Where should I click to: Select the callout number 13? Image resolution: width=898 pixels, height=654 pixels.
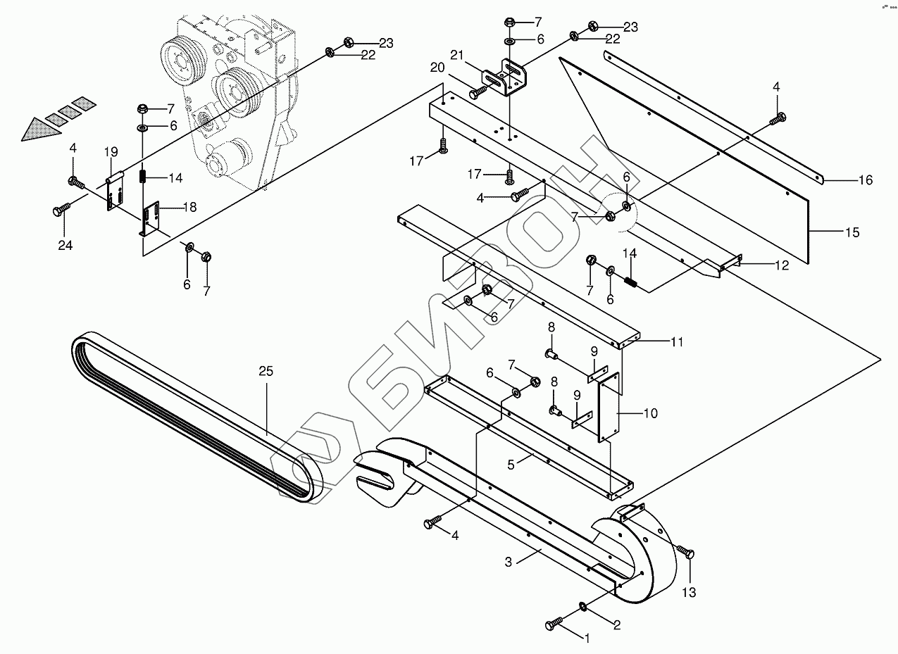(688, 593)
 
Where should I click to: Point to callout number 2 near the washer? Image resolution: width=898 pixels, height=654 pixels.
(616, 623)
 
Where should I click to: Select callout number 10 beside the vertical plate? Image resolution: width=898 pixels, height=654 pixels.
(650, 413)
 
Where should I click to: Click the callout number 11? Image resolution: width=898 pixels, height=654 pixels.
(677, 343)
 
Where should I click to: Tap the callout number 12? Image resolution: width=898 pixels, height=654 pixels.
(781, 265)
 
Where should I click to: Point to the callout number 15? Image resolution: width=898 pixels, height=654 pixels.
(852, 232)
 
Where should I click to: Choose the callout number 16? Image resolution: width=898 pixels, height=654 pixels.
(865, 181)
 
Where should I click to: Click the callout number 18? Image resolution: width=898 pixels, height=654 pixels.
(189, 207)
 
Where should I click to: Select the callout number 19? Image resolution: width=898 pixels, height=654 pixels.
(111, 151)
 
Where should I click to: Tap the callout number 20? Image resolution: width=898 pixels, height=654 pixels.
(437, 67)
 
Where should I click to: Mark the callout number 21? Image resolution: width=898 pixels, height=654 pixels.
(457, 55)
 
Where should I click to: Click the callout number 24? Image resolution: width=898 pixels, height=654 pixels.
(65, 245)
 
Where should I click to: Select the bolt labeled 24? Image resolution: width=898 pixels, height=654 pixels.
(61, 209)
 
